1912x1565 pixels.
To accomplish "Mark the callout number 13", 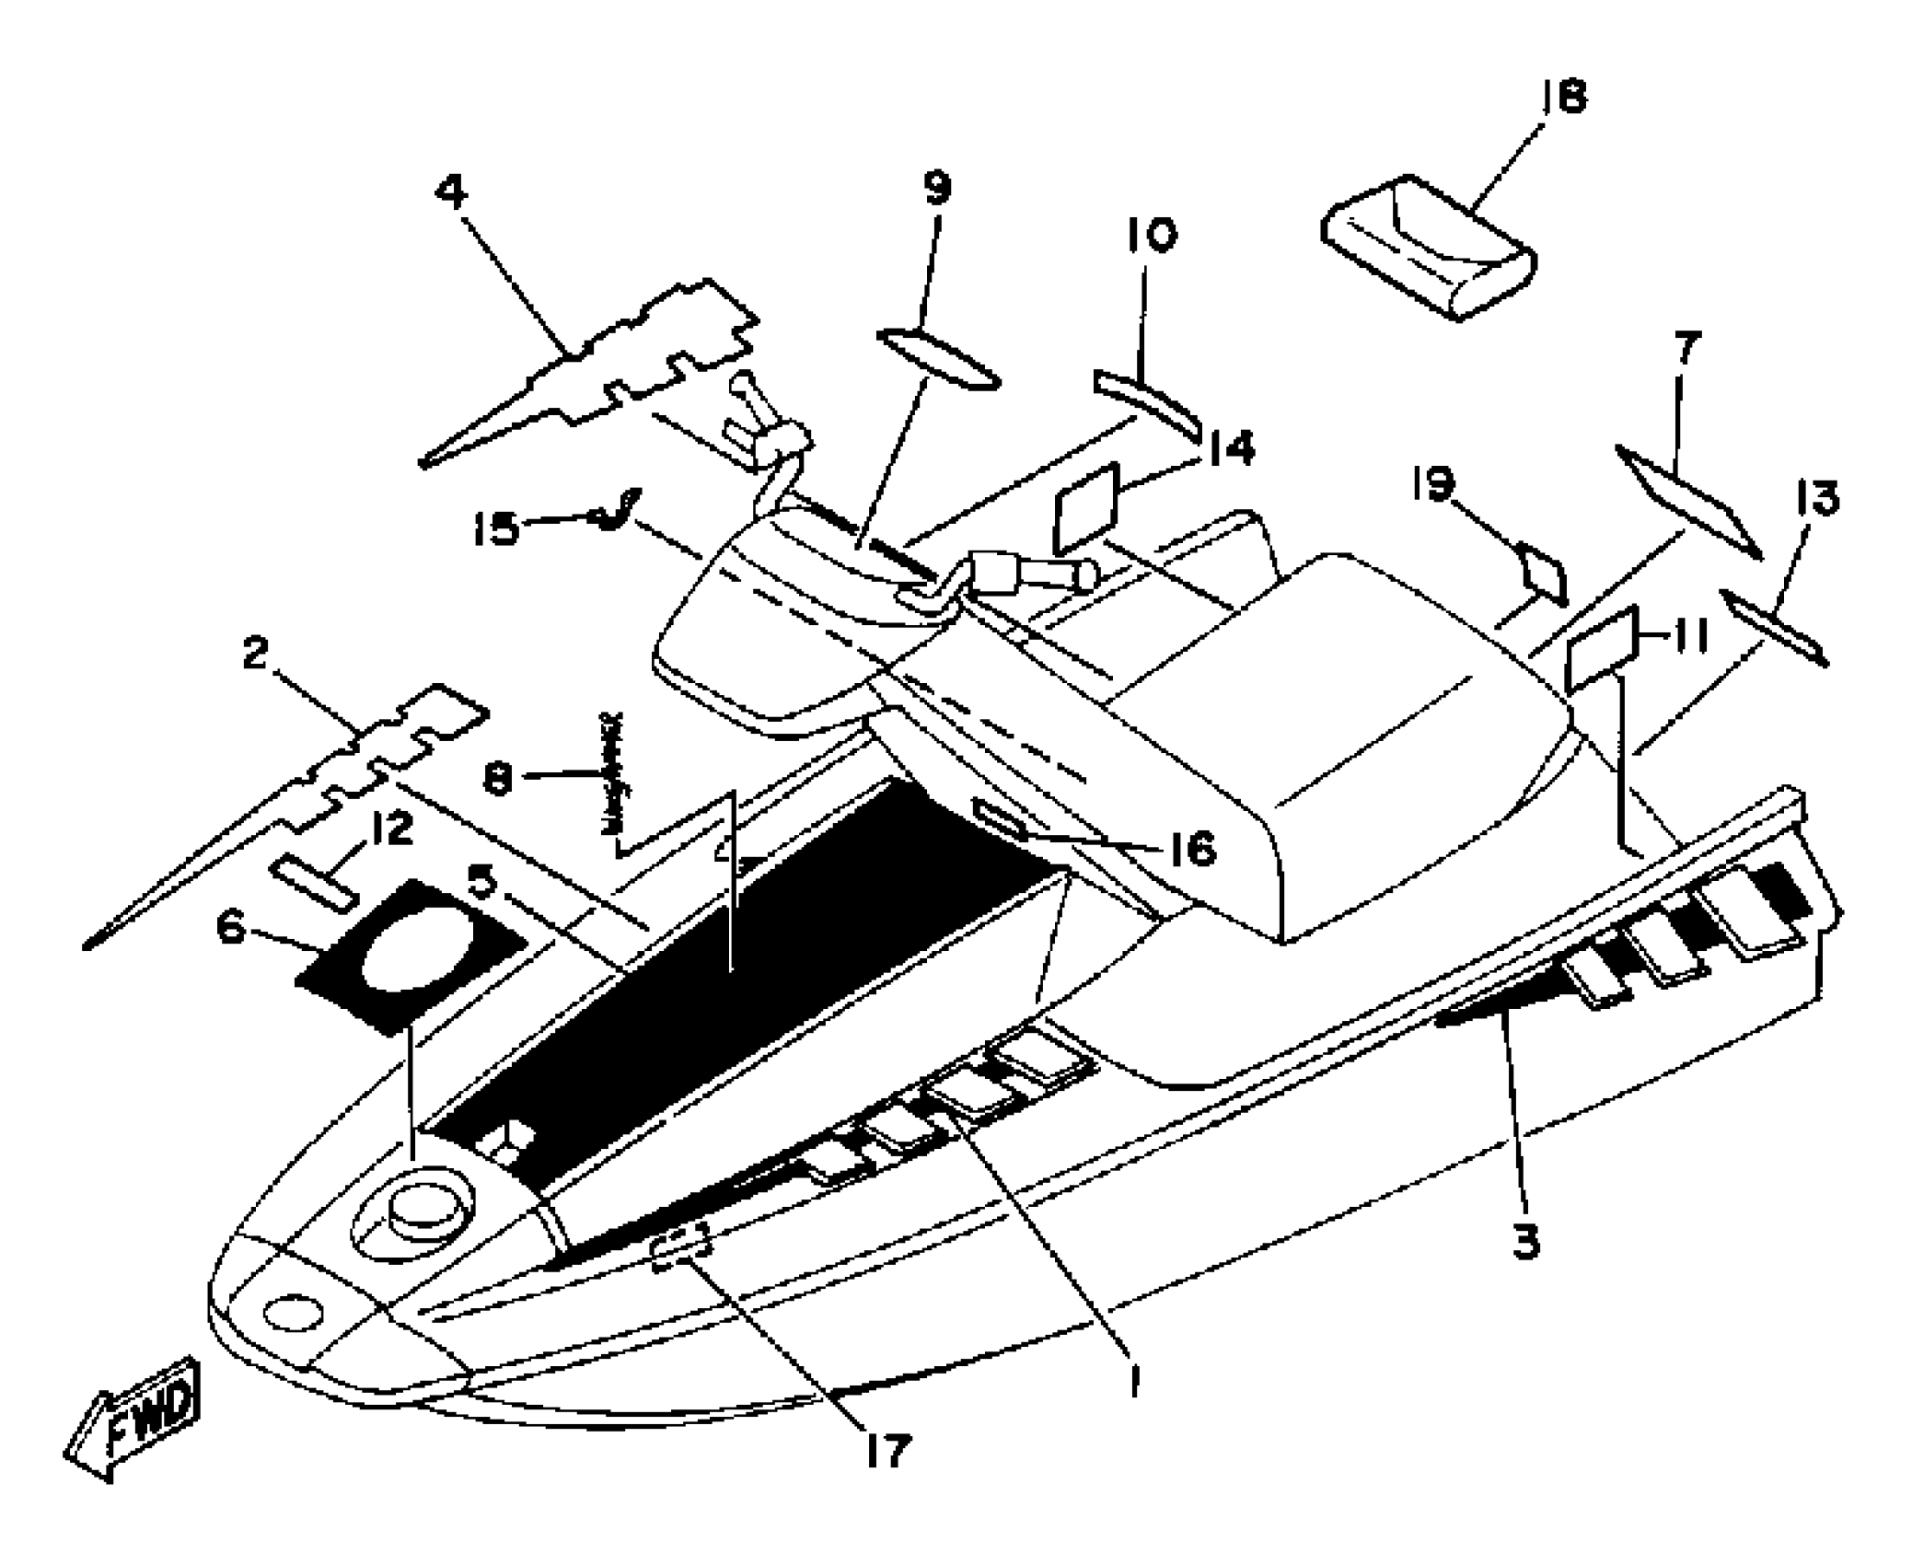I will pyautogui.click(x=1817, y=498).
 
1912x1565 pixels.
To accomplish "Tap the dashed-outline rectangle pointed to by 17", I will pyautogui.click(x=681, y=1247).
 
